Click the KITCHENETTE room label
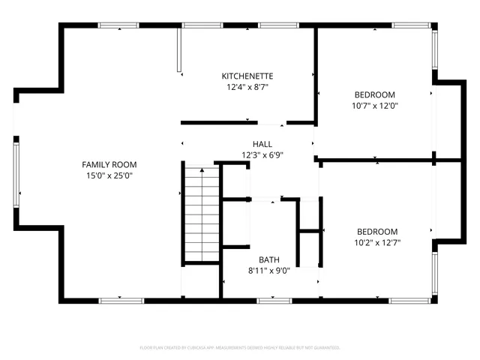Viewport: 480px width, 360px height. pyautogui.click(x=247, y=76)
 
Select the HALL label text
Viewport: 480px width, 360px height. pyautogui.click(x=262, y=144)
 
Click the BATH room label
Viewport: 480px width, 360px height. pyautogui.click(x=269, y=259)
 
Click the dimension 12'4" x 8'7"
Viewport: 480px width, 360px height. pyautogui.click(x=247, y=87)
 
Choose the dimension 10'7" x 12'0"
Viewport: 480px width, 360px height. pyautogui.click(x=374, y=106)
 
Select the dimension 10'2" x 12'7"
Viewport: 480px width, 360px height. pyautogui.click(x=376, y=243)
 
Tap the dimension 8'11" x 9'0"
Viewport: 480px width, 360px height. pyautogui.click(x=269, y=271)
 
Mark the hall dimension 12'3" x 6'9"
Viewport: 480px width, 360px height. pyautogui.click(x=262, y=155)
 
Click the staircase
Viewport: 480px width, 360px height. pyautogui.click(x=201, y=214)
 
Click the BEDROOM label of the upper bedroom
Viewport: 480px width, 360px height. pyautogui.click(x=374, y=94)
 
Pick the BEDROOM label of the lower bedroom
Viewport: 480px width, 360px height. pyautogui.click(x=376, y=232)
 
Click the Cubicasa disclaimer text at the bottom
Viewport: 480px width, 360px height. pyautogui.click(x=240, y=348)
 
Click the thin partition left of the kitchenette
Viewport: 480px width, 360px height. pyautogui.click(x=179, y=51)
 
